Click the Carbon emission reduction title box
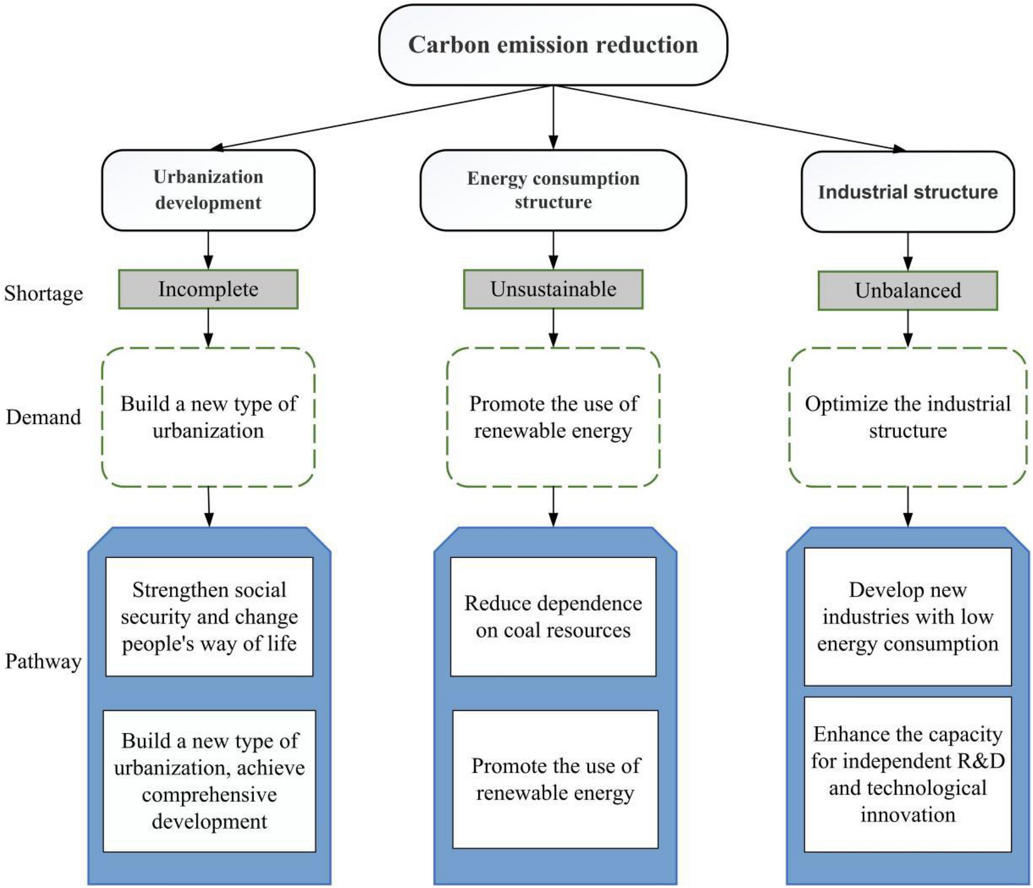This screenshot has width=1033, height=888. (553, 45)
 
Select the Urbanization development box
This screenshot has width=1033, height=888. (208, 190)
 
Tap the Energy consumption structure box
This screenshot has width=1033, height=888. (553, 190)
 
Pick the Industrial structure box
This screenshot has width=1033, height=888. (907, 191)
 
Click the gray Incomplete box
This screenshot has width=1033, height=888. (208, 289)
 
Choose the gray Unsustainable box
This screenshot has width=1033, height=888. (553, 289)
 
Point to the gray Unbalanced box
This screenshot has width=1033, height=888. (907, 291)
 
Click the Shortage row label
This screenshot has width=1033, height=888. (43, 293)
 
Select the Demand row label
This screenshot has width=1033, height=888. (43, 417)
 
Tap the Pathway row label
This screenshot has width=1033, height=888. (43, 661)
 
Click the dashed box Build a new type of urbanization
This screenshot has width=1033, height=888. (208, 417)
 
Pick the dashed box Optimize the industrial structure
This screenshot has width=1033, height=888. (907, 417)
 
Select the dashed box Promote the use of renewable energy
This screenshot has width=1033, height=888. (553, 417)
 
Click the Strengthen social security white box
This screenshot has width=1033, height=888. (209, 617)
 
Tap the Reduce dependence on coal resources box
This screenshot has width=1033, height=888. (553, 617)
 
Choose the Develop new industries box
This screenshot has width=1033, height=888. (907, 617)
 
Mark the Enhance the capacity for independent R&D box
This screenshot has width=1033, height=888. (907, 774)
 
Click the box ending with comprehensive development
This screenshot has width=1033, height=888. (209, 781)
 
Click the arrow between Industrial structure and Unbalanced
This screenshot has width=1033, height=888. (907, 251)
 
